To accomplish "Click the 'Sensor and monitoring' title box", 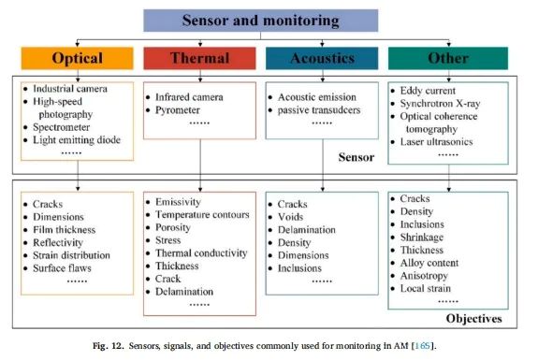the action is pyautogui.click(x=261, y=21).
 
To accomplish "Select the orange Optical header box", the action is pyautogui.click(x=78, y=58).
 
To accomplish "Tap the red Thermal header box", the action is pyautogui.click(x=199, y=58).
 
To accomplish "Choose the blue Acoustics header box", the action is pyautogui.click(x=322, y=58).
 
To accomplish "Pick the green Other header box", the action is pyautogui.click(x=448, y=58).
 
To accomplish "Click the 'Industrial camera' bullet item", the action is pyautogui.click(x=70, y=89).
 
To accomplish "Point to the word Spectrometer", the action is pyautogui.click(x=62, y=127).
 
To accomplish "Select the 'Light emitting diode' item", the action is pyautogui.click(x=77, y=140).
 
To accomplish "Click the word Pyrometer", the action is pyautogui.click(x=178, y=110).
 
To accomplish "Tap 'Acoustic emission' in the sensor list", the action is pyautogui.click(x=317, y=97).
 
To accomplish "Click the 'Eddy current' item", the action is pyautogui.click(x=428, y=91).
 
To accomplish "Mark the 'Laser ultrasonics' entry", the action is pyautogui.click(x=436, y=141).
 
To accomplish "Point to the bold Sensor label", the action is pyautogui.click(x=356, y=157).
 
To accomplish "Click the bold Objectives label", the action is pyautogui.click(x=473, y=319).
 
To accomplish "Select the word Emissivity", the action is pyautogui.click(x=178, y=202).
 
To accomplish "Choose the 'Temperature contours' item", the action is pyautogui.click(x=202, y=215).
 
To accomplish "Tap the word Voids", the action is pyautogui.click(x=291, y=217).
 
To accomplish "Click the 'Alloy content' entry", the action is pyautogui.click(x=429, y=263).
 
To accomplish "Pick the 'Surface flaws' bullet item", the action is pyautogui.click(x=62, y=268).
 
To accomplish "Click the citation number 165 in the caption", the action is pyautogui.click(x=422, y=346).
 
